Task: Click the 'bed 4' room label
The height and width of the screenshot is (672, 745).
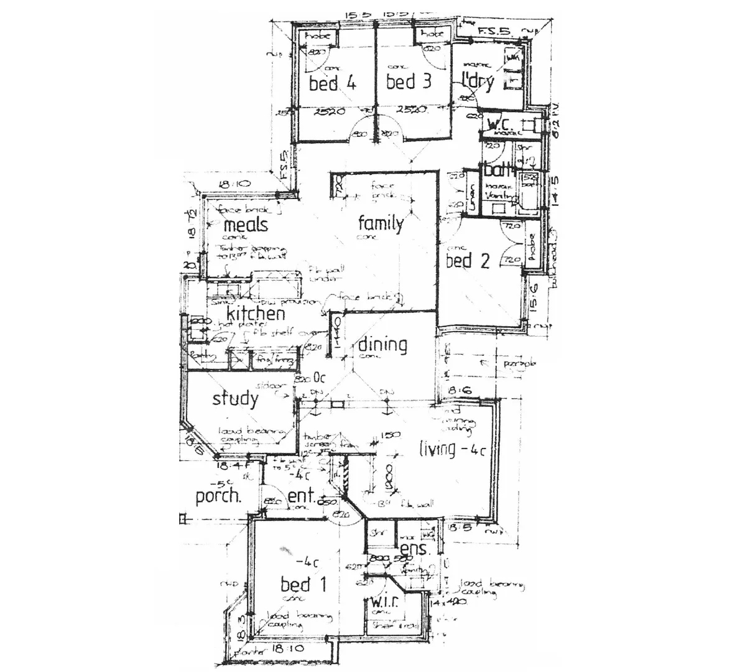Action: click(x=332, y=83)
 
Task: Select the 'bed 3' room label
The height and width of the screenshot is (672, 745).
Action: click(x=409, y=82)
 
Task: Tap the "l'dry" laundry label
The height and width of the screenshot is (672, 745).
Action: click(x=478, y=82)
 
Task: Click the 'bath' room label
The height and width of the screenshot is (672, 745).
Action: click(x=497, y=170)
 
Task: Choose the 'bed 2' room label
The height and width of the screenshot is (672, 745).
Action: click(x=468, y=261)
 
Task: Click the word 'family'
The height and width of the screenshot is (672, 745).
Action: click(x=381, y=223)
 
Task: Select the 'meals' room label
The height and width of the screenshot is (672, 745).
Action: click(x=245, y=224)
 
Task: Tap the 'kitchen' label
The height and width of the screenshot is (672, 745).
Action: click(x=256, y=313)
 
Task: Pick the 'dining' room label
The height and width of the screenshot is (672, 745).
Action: click(x=382, y=345)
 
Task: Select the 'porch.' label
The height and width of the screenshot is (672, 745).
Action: click(x=218, y=497)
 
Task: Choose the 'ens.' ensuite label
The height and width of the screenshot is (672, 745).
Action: click(x=412, y=549)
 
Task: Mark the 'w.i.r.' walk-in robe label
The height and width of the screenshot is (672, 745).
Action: click(x=385, y=602)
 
